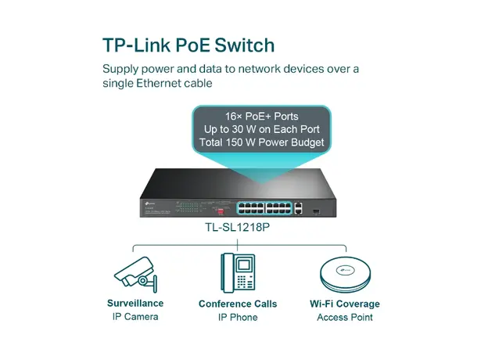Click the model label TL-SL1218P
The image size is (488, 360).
click(x=242, y=230)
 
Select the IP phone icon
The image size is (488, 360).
click(x=239, y=272)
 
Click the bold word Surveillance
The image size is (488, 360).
click(x=135, y=304)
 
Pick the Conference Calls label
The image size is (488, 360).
click(x=239, y=304)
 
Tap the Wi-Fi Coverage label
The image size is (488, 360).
click(x=344, y=304)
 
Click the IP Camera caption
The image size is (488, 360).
click(x=135, y=317)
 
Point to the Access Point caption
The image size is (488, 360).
click(x=344, y=317)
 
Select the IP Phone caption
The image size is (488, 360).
click(x=239, y=317)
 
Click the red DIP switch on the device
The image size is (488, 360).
click(x=221, y=209)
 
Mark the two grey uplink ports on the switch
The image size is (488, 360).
click(x=300, y=207)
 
